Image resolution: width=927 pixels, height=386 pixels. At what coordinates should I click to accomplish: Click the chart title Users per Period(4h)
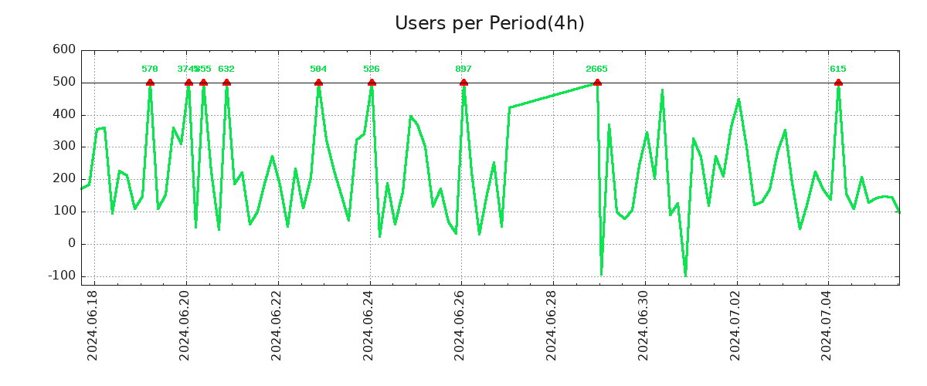489,23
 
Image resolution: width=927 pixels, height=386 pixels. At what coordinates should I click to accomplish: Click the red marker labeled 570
150,83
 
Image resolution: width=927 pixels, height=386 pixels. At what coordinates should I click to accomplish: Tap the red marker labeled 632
226,83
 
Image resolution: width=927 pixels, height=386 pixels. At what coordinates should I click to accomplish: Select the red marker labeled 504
318,83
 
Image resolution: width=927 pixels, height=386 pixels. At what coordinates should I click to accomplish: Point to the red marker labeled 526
372,83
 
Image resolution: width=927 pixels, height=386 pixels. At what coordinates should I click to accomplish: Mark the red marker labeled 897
463,83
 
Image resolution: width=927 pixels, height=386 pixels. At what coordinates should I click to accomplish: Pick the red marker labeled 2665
597,83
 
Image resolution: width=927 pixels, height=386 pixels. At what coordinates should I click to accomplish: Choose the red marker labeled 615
838,83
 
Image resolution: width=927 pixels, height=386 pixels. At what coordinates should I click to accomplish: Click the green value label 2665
596,69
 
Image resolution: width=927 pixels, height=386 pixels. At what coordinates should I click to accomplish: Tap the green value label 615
838,69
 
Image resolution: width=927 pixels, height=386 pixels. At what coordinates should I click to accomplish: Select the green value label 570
150,69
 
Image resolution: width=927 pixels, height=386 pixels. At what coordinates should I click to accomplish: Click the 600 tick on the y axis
64,50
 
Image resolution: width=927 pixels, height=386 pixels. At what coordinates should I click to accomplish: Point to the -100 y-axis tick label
61,276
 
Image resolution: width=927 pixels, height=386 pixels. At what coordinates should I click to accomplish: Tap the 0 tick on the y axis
71,244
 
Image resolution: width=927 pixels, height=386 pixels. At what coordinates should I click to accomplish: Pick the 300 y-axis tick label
64,147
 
